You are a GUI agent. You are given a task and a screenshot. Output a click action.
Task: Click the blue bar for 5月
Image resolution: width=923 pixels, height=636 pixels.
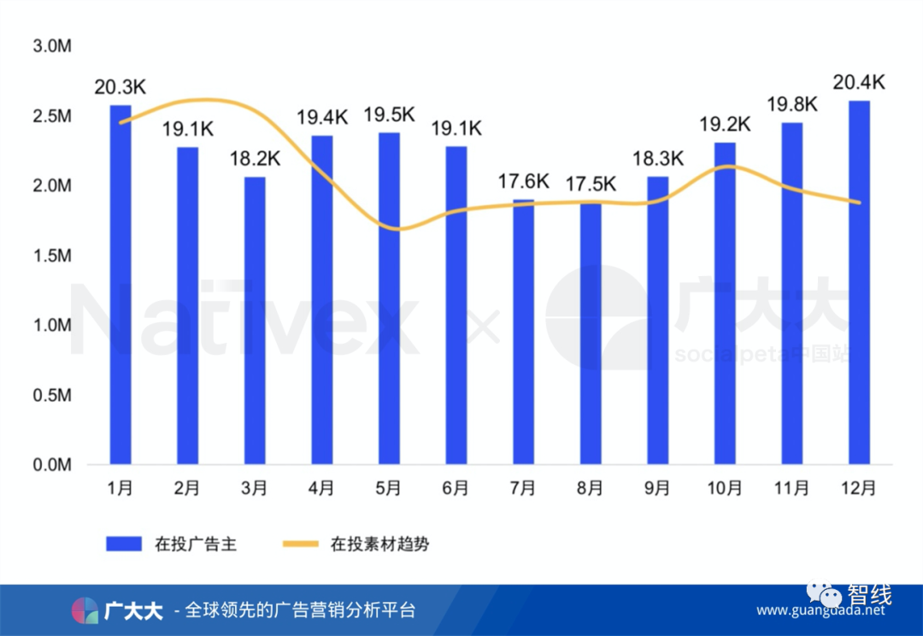click(x=389, y=298)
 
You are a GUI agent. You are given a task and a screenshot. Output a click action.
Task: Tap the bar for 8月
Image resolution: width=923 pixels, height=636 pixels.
click(x=591, y=333)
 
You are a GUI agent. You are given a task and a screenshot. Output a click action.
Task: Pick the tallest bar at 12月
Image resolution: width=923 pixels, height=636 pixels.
click(x=859, y=283)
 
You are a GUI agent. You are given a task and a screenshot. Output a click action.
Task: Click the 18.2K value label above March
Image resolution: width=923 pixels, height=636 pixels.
click(x=254, y=158)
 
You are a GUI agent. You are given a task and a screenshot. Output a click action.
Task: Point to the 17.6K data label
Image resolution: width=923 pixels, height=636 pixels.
click(x=524, y=181)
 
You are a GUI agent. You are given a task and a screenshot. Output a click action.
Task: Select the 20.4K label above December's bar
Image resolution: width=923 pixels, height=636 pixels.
click(x=859, y=82)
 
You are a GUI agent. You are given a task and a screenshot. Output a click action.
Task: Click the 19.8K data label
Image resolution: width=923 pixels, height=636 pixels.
click(x=792, y=104)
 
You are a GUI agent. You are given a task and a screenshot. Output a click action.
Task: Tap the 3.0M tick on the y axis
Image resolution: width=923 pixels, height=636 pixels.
click(x=51, y=46)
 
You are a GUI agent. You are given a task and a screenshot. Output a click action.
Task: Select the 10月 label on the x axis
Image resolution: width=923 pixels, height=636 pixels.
click(x=725, y=488)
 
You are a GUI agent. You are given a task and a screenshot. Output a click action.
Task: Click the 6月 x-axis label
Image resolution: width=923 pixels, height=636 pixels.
click(x=456, y=488)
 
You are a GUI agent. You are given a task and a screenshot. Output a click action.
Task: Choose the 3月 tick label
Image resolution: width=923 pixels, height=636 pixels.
click(x=255, y=488)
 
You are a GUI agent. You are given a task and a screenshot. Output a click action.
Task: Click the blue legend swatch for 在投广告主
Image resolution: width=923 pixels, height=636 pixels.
click(x=125, y=544)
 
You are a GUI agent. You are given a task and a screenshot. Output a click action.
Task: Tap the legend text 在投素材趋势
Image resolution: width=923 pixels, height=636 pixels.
click(x=379, y=544)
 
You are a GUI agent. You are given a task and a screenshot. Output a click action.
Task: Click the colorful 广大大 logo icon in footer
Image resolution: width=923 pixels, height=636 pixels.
click(x=85, y=610)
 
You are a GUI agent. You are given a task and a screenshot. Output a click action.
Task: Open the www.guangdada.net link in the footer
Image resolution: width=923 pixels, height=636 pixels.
click(x=821, y=611)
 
